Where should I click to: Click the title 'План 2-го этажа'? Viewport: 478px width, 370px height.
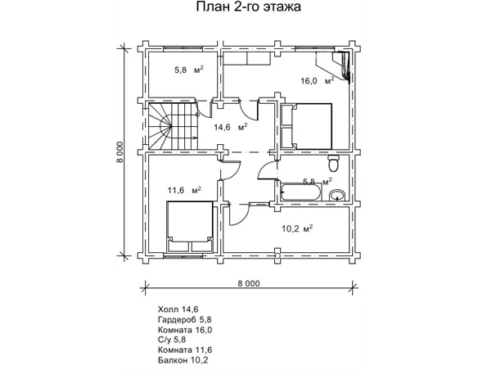[x=248, y=9]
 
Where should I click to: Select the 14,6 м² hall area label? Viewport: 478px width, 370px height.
[x=231, y=127]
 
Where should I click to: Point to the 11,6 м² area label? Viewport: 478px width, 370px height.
[x=184, y=190]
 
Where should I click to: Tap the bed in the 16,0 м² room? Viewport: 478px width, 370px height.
[x=307, y=126]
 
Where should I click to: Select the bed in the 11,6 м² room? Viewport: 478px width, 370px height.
[x=189, y=228]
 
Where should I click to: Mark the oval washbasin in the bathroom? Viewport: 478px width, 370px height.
[x=337, y=195]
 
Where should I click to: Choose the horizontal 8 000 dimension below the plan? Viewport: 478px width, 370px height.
[x=249, y=283]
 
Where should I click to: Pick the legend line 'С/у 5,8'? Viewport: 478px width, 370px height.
[x=174, y=339]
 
